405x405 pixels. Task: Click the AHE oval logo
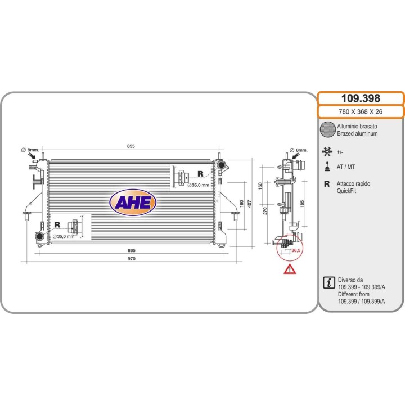point(133,202)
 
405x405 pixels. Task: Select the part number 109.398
point(361,98)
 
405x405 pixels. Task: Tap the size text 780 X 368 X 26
point(361,111)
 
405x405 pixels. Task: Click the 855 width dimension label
point(131,146)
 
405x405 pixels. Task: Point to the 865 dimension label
point(132,250)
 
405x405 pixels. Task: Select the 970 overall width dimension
point(132,259)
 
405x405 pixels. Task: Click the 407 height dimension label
point(250,204)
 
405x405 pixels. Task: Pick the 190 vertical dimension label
point(242,204)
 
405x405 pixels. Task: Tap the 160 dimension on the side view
point(260,186)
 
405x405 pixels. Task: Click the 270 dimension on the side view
point(265,211)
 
